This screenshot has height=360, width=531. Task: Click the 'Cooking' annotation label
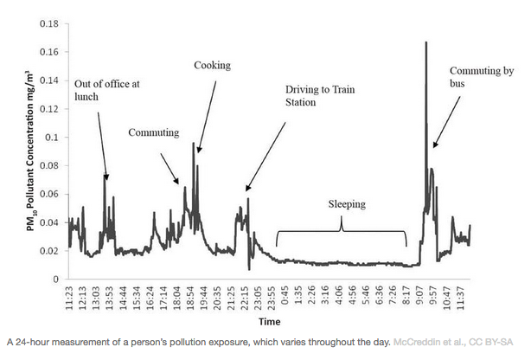(x=211, y=65)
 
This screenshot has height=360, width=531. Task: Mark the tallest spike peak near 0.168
(x=426, y=42)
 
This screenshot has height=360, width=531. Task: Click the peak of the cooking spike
(x=193, y=143)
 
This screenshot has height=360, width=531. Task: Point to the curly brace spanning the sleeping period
(x=342, y=227)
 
